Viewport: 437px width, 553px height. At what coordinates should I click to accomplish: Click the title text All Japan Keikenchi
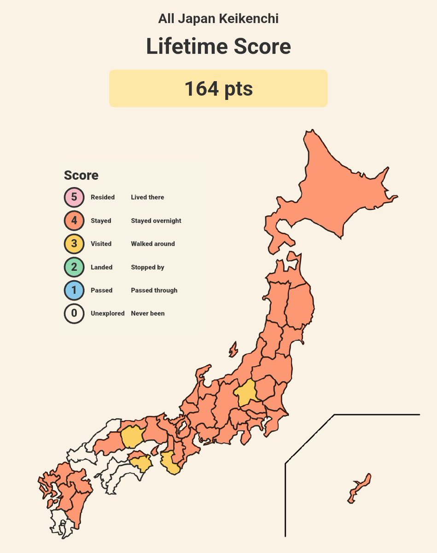[x=218, y=19]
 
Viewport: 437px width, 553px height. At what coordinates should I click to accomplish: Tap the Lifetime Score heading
[x=218, y=47]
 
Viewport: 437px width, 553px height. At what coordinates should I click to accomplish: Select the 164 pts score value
[x=218, y=88]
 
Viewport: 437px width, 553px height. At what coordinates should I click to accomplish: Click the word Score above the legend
[x=81, y=176]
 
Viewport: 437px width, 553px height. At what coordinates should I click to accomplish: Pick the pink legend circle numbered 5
[x=74, y=197]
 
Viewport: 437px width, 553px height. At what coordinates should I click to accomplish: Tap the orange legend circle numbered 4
[x=74, y=221]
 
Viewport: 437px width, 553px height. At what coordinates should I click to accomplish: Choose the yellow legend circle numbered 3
[x=74, y=244]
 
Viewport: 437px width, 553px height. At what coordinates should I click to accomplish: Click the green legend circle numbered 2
[x=74, y=267]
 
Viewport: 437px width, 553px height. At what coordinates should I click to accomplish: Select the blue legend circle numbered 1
[x=74, y=290]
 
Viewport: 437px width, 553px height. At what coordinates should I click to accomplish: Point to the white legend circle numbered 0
[x=74, y=313]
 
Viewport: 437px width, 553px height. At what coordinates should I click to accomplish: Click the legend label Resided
[x=103, y=197]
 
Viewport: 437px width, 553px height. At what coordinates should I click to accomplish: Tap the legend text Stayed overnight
[x=156, y=221]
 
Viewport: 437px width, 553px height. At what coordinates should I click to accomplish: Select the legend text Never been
[x=147, y=313]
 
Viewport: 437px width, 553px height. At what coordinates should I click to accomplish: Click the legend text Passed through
[x=154, y=290]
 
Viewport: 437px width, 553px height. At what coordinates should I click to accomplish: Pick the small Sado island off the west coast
[x=233, y=349]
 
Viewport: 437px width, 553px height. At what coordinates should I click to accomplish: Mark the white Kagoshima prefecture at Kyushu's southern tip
[x=62, y=523]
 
